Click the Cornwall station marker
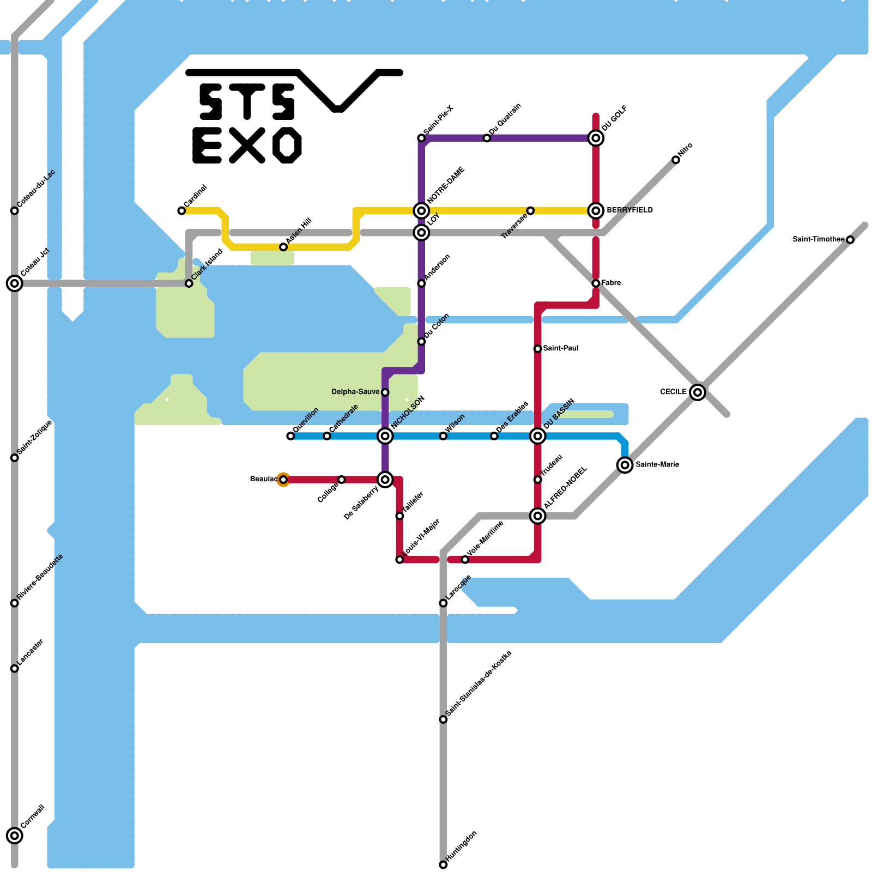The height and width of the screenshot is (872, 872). (x=15, y=835)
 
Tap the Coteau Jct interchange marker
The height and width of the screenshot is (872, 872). (x=15, y=283)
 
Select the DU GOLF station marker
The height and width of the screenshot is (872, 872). (x=596, y=138)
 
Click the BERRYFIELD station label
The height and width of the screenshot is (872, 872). (x=629, y=210)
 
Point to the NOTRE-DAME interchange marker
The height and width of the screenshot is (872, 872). (x=421, y=210)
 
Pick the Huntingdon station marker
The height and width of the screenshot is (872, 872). (x=443, y=865)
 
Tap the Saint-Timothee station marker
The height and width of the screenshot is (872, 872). (x=850, y=240)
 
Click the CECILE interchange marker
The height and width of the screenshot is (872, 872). (x=698, y=392)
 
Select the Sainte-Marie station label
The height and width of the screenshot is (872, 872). (x=657, y=465)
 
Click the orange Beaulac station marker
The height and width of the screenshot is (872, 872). (x=283, y=480)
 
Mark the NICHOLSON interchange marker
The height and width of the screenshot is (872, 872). (x=385, y=436)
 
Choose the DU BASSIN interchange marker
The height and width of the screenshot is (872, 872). (x=538, y=436)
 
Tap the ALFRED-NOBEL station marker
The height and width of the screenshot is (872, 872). (x=538, y=516)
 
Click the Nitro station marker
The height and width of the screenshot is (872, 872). (x=676, y=160)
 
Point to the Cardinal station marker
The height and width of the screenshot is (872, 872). (x=181, y=211)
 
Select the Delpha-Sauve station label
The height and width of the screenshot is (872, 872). (x=355, y=392)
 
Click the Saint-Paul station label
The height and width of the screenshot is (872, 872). (x=561, y=349)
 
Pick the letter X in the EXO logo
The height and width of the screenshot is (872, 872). (x=247, y=146)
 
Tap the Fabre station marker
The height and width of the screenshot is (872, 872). (x=596, y=283)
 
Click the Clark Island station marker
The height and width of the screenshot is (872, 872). (x=189, y=283)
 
